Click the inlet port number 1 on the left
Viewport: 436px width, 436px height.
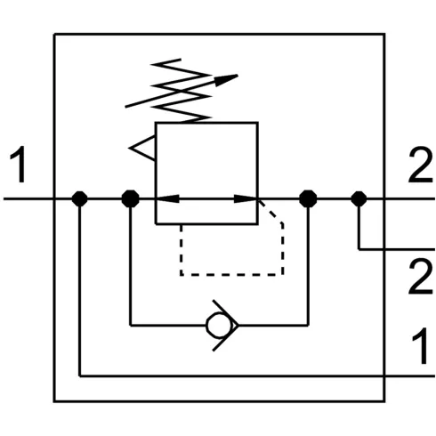18,164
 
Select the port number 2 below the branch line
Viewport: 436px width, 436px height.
421,276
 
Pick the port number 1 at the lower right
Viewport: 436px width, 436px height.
421,345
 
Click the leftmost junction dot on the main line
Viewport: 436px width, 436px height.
80,198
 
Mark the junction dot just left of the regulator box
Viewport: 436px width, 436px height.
131,198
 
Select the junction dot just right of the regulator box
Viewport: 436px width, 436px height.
308,198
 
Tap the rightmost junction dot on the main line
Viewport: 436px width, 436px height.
359,198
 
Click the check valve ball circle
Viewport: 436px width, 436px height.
219,326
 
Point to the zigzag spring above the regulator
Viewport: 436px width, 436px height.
182,91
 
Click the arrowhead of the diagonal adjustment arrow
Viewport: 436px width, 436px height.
226,80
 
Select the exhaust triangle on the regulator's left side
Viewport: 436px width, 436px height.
142,148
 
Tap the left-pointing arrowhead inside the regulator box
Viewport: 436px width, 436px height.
167,198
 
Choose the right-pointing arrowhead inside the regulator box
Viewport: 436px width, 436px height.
246,198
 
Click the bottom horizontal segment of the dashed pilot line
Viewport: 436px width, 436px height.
231,275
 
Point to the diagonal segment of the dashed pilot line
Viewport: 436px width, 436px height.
270,212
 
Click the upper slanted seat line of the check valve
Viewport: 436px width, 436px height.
225,311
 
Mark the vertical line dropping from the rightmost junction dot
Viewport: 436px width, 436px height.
359,224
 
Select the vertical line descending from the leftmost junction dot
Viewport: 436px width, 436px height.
80,287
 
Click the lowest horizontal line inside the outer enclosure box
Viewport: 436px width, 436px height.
257,376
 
